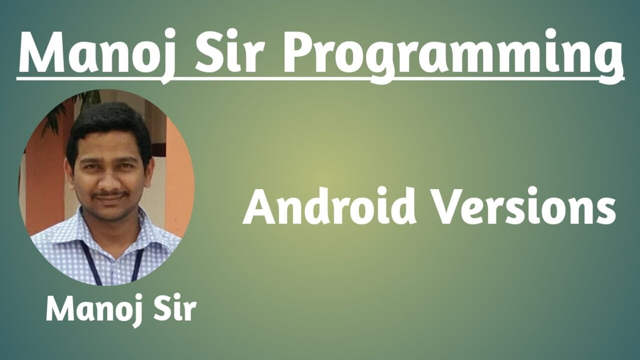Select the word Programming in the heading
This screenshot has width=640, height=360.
pos(452,52)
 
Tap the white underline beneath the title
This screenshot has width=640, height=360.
pos(320,78)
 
